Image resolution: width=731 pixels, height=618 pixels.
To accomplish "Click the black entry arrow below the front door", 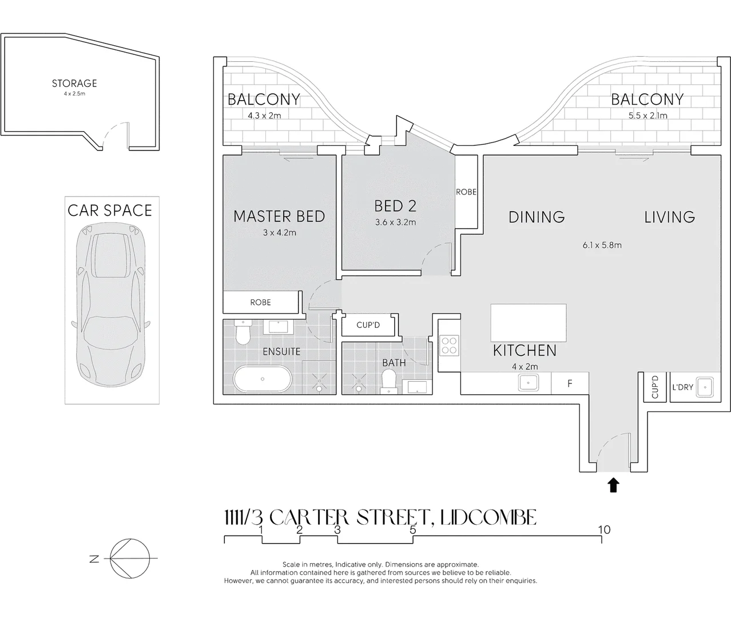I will click(x=613, y=485).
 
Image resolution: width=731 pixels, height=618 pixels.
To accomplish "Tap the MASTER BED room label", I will click(x=279, y=216).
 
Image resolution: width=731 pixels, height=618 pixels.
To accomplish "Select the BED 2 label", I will click(x=395, y=206).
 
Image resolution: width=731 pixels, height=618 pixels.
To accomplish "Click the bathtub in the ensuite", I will click(x=263, y=379).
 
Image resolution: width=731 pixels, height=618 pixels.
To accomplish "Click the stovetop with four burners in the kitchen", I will click(x=449, y=345).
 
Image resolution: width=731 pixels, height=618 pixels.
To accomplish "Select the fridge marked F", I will click(x=570, y=383).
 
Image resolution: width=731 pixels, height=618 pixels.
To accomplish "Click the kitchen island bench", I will click(x=529, y=323).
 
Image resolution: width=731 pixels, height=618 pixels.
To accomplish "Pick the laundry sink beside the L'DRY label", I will click(x=705, y=387).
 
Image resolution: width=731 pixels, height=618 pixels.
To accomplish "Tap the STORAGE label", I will click(x=74, y=84).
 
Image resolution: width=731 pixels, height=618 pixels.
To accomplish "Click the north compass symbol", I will click(x=130, y=558).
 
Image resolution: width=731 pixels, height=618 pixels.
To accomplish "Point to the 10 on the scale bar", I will click(x=604, y=530).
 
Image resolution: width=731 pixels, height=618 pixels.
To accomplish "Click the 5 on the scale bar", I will click(x=413, y=530).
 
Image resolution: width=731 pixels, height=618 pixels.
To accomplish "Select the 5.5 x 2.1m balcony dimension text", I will click(x=647, y=115).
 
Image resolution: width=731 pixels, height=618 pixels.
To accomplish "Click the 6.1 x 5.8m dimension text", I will click(x=602, y=245).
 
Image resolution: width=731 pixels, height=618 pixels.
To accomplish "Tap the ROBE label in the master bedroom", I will click(x=260, y=302).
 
